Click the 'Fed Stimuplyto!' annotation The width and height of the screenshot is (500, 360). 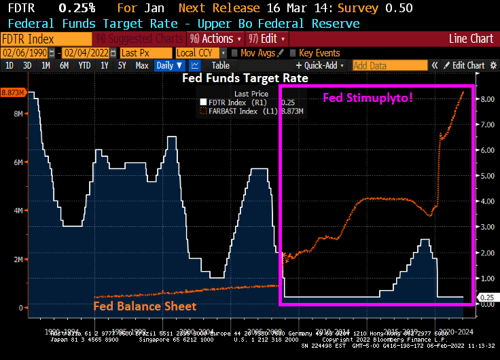[368, 98]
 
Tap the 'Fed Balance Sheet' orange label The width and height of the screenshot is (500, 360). [145, 306]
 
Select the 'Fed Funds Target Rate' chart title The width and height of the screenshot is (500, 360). [245, 78]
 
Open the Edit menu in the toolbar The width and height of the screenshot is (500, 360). [266, 39]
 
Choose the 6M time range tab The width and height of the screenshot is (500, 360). [64, 66]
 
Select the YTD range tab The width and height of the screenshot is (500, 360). [84, 66]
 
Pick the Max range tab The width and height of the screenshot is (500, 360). [141, 66]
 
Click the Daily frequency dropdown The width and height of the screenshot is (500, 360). [169, 66]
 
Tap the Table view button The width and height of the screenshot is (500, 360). [220, 66]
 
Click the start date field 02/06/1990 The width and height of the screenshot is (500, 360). [28, 52]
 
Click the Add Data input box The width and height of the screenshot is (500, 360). [389, 66]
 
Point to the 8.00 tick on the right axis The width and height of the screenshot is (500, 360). [486, 98]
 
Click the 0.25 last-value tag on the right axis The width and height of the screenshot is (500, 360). [486, 298]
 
